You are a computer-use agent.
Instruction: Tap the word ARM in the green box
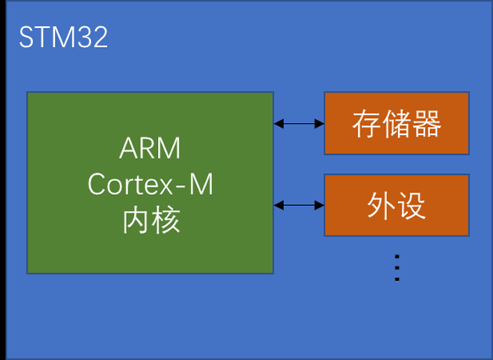pos(150,149)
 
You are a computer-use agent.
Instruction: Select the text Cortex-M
pos(150,184)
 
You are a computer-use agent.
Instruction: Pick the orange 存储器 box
pos(396,123)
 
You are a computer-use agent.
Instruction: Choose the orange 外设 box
pos(396,205)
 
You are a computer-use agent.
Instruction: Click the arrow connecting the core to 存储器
pos(299,124)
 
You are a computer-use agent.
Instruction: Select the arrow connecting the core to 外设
pos(299,206)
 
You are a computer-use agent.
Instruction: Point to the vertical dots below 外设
pos(396,267)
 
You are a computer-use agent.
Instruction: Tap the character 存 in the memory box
pos(366,124)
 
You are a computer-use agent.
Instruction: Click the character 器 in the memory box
pos(427,124)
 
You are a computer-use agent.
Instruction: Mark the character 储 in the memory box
pos(396,124)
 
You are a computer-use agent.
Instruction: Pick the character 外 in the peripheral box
pos(381,206)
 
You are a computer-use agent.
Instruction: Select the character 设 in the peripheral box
pos(412,206)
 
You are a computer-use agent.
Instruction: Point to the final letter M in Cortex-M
pos(202,184)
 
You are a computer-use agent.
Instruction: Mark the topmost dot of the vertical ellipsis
pos(396,255)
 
